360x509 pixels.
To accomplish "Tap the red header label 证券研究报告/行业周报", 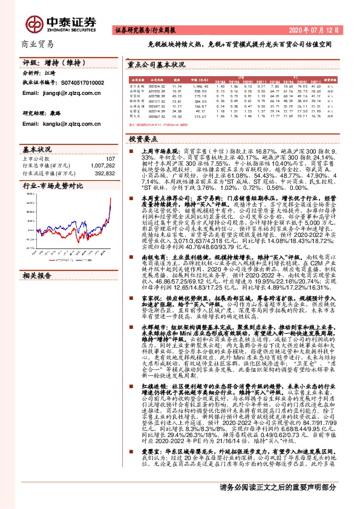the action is coord(143,30).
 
